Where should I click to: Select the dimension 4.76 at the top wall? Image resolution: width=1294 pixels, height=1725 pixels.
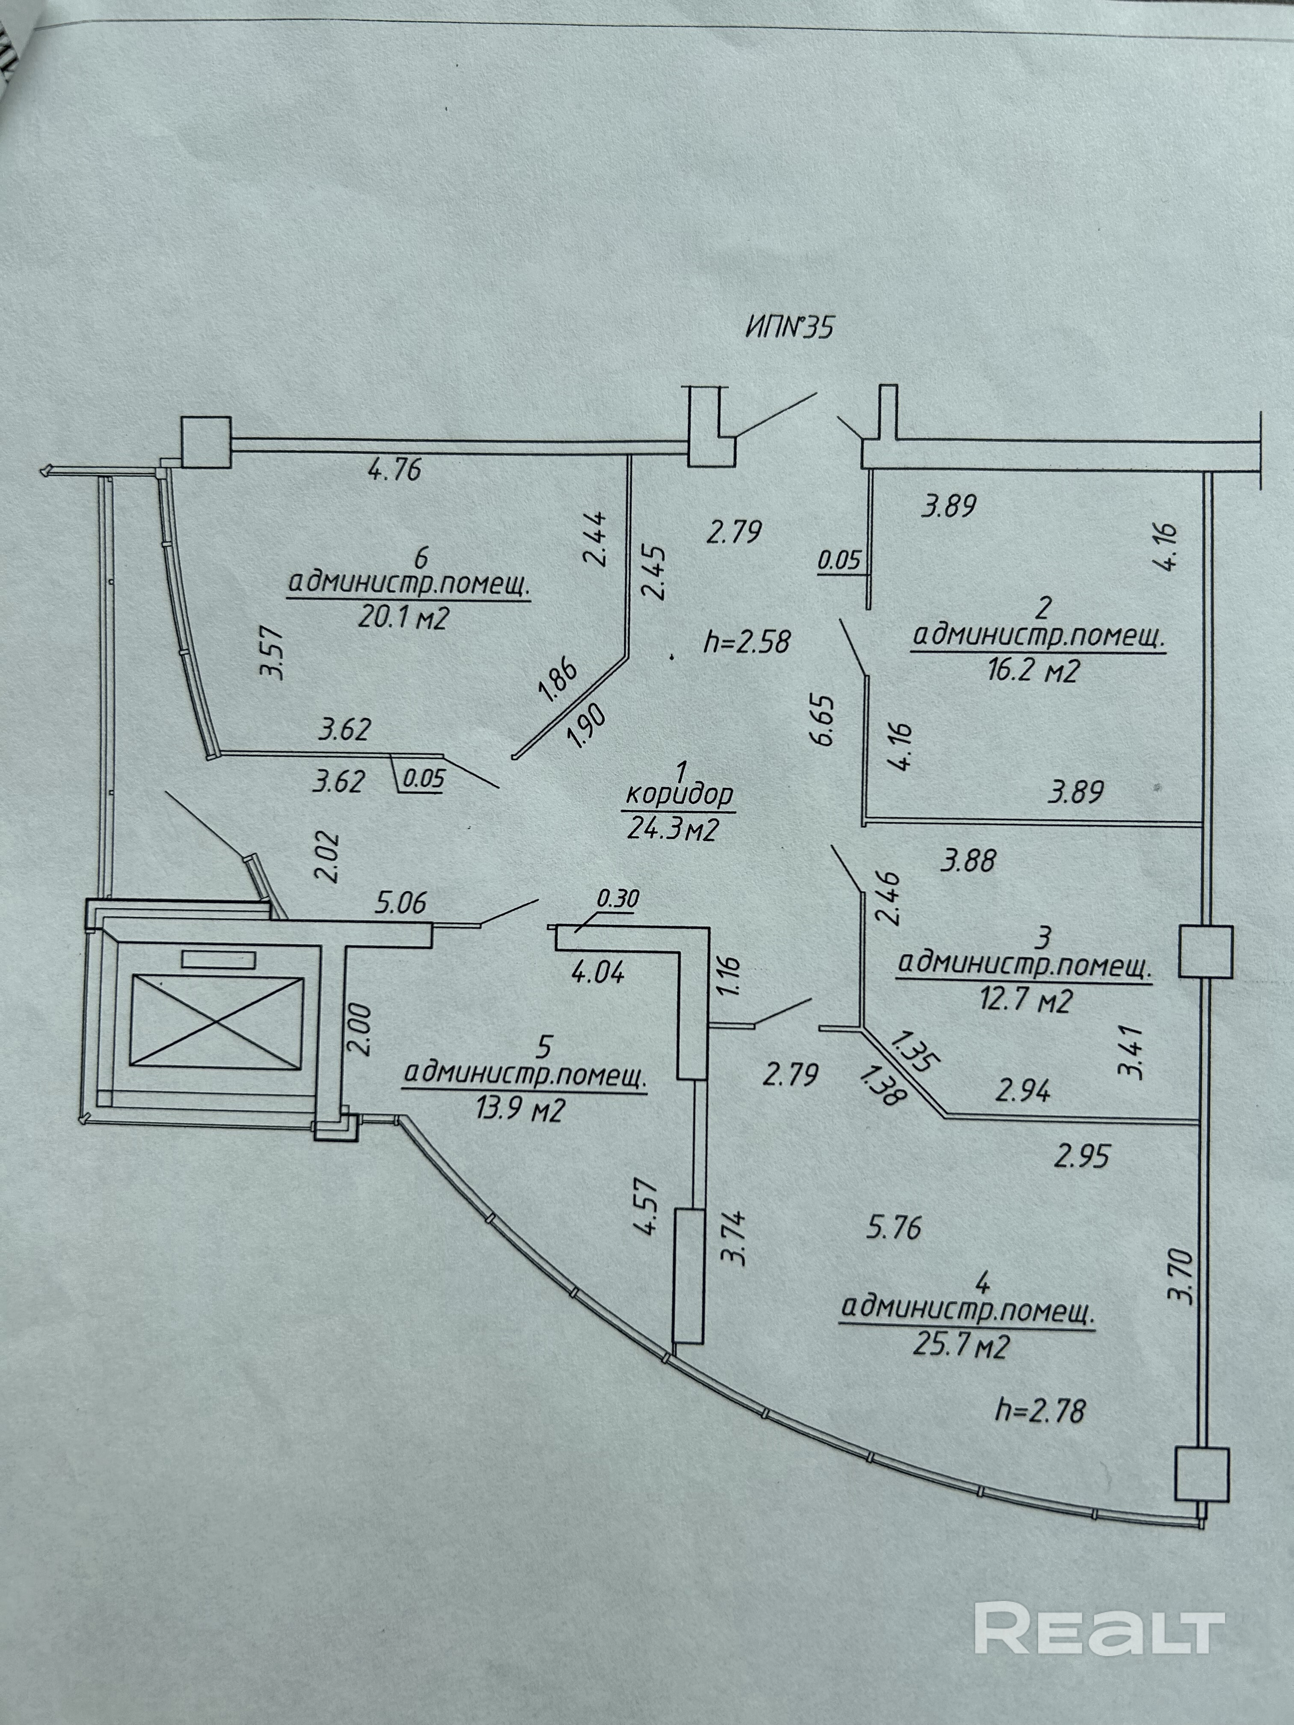pos(394,470)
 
